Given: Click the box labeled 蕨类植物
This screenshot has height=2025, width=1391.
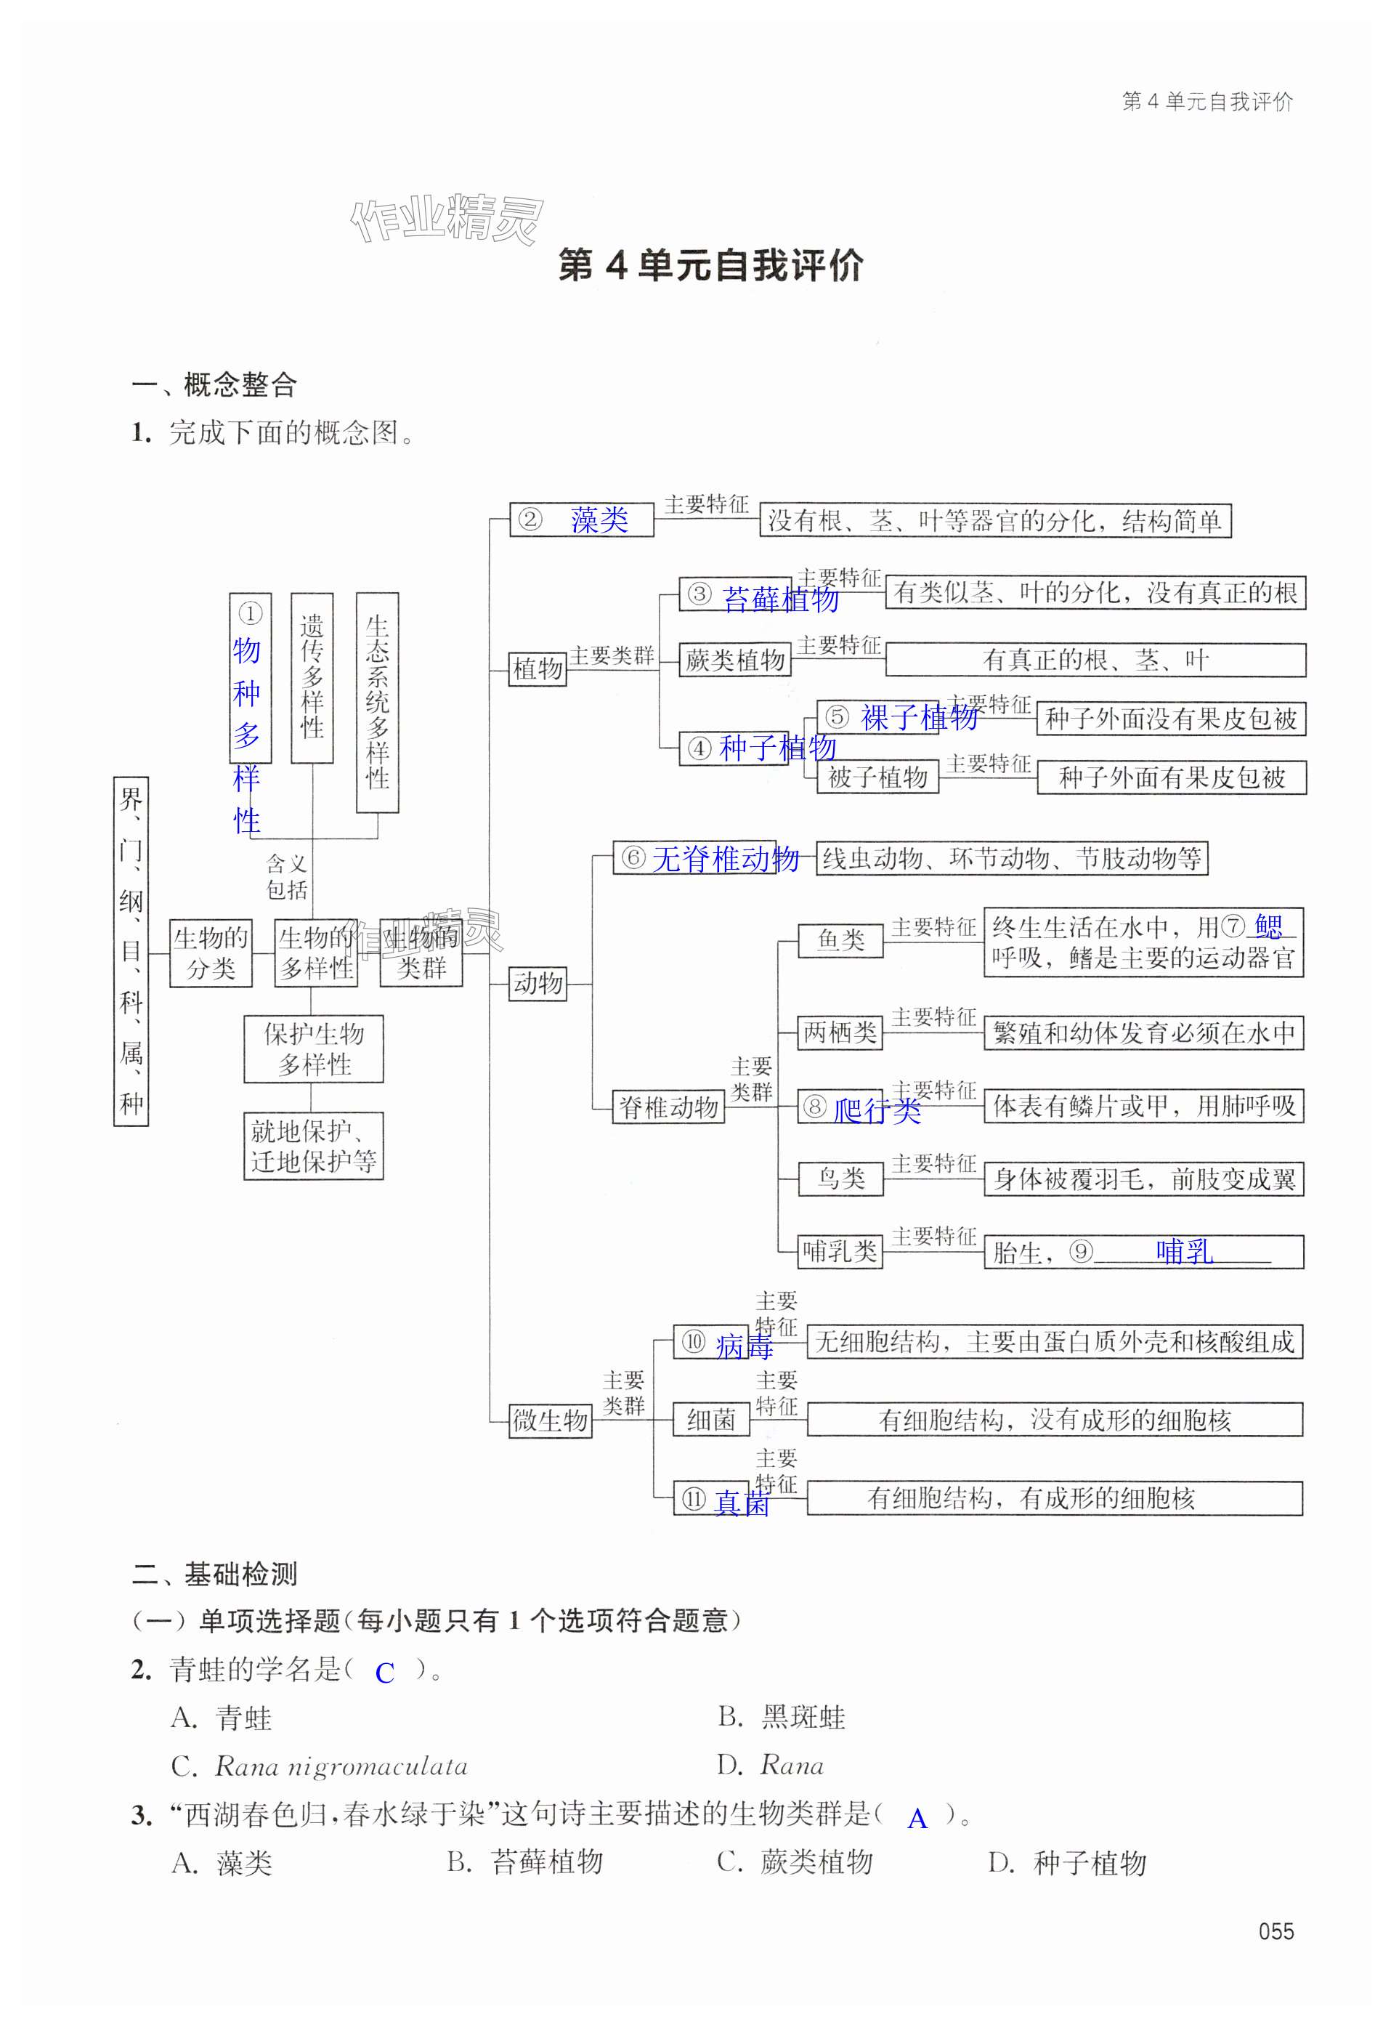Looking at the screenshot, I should pos(734,660).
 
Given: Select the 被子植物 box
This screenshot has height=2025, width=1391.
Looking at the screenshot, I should pos(877,777).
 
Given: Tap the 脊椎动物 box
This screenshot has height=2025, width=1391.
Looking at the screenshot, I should pos(668,1107).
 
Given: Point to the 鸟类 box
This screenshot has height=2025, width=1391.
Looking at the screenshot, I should pos(840,1179).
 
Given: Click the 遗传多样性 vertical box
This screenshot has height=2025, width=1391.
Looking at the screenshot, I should pos(312,677).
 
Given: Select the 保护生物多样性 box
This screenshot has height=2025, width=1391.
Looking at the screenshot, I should pos(314,1048).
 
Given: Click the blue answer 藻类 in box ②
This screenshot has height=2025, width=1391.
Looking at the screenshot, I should pos(600,520).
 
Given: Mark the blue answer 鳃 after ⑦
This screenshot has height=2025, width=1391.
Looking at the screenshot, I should pos(1269,926).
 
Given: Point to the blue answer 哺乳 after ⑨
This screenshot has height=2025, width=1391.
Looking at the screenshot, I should pos(1183,1252).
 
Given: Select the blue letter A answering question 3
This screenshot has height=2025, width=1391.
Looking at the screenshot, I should pos(917,1819).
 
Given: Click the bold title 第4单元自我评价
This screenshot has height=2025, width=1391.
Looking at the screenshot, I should pos(710,266).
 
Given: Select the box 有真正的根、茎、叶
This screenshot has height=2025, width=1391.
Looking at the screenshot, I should pos(1095,660).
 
